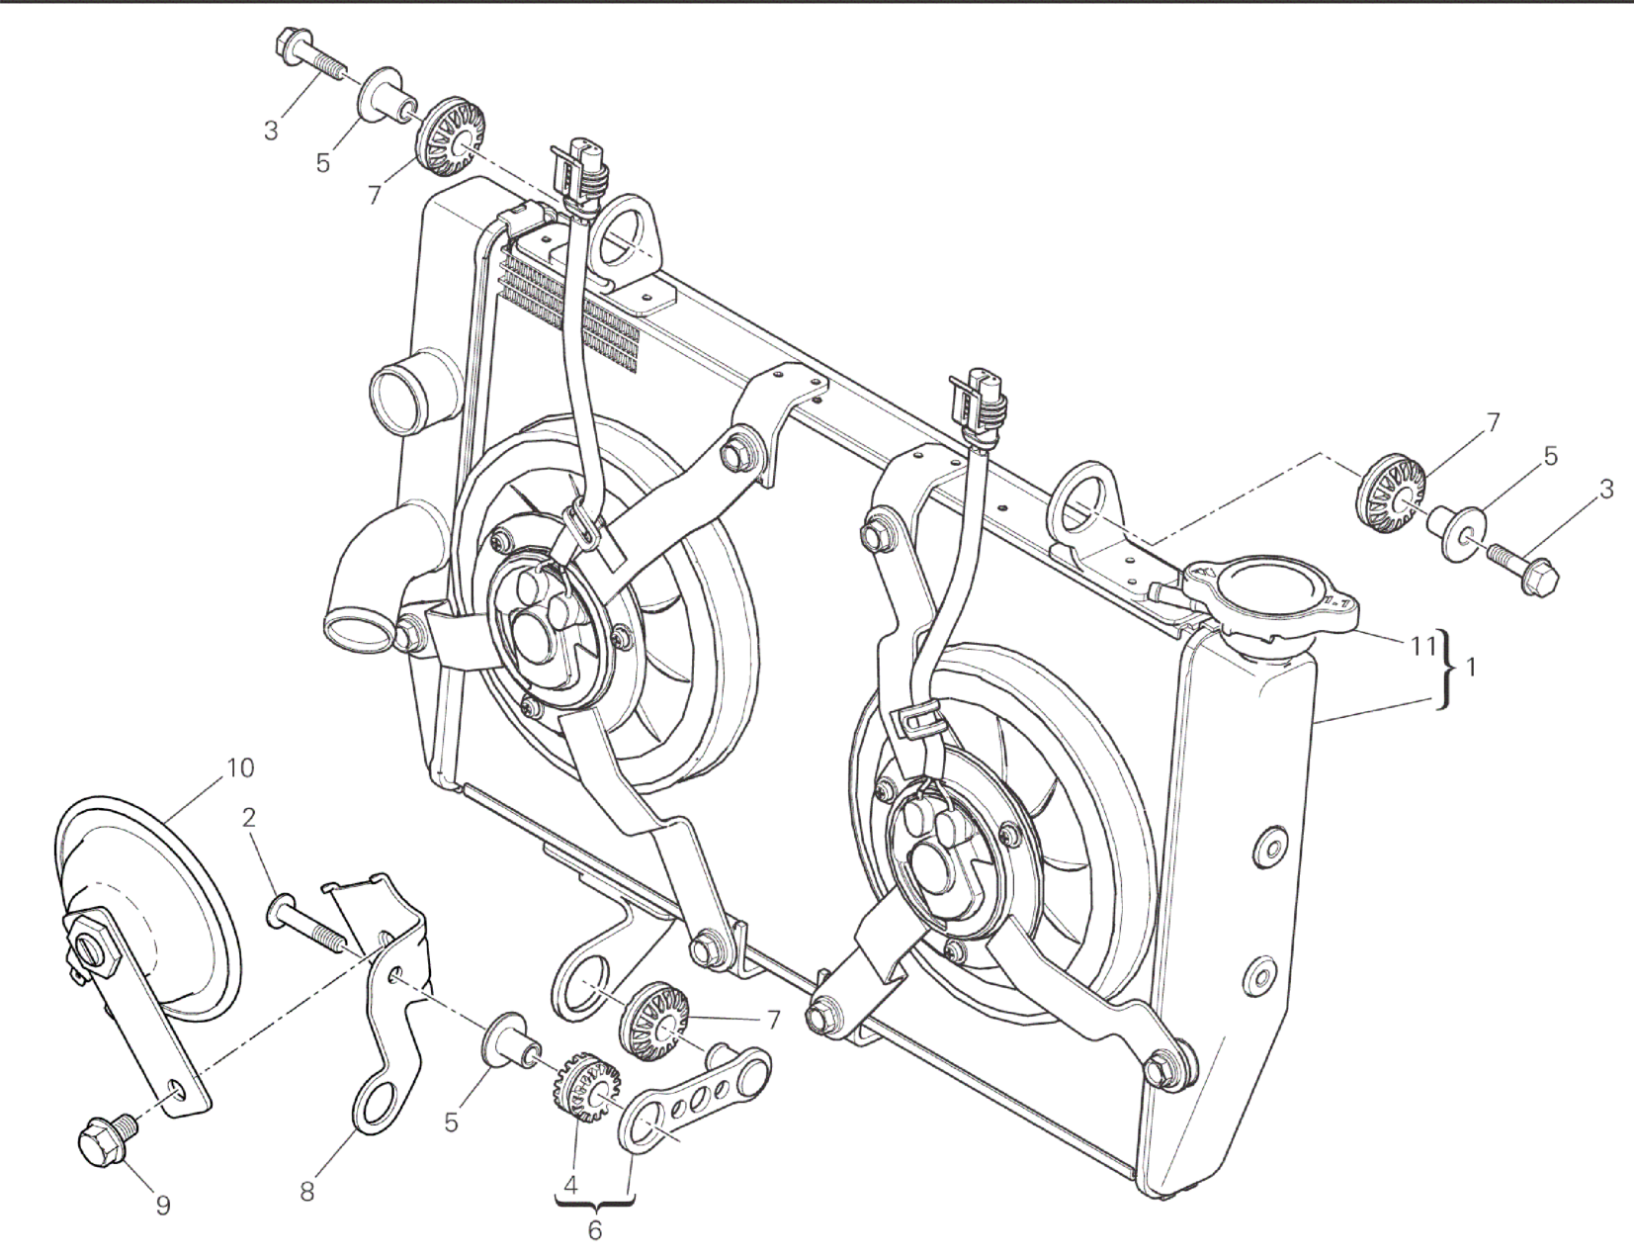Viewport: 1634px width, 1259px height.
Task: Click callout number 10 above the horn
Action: pyautogui.click(x=240, y=767)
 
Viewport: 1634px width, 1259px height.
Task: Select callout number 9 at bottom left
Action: pyautogui.click(x=163, y=1206)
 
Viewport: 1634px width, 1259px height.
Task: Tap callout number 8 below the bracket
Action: pyautogui.click(x=306, y=1192)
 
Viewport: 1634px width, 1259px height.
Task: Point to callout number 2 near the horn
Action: pyautogui.click(x=249, y=817)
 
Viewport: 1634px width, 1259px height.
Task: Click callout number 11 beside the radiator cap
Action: pyautogui.click(x=1421, y=645)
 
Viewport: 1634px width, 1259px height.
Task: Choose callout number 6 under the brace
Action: pyautogui.click(x=595, y=1230)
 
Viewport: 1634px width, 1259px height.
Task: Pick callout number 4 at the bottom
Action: pyautogui.click(x=570, y=1186)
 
